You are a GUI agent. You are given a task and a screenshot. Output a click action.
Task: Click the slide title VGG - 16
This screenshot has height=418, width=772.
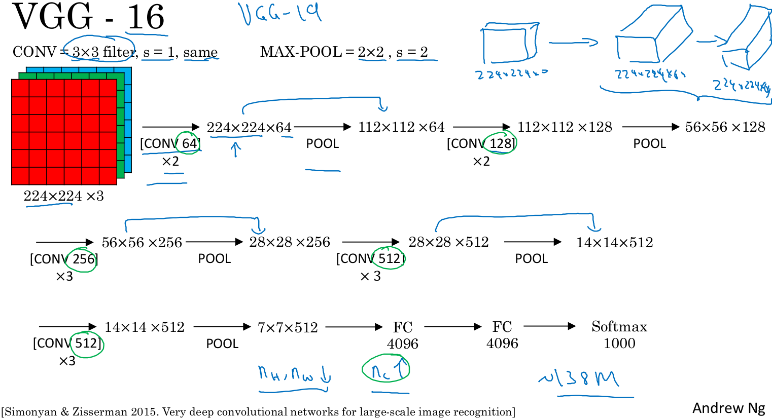pos(88,17)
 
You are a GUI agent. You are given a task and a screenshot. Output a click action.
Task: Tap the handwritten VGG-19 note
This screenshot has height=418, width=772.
pos(280,14)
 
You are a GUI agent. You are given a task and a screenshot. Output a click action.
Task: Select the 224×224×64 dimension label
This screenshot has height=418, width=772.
pos(249,128)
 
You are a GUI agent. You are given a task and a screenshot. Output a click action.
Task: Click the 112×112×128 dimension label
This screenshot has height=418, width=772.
pos(565,127)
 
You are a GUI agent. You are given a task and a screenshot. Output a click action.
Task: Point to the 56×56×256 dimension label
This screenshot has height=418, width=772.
pos(142,243)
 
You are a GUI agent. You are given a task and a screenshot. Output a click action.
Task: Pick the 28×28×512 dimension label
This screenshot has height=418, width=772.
pos(448,242)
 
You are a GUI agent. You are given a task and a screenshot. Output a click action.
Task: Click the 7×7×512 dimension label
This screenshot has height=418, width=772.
pos(288,328)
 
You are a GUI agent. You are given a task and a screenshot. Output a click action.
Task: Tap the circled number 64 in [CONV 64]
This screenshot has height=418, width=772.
pos(189,143)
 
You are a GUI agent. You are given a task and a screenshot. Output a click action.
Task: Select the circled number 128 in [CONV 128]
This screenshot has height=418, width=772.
pos(501,143)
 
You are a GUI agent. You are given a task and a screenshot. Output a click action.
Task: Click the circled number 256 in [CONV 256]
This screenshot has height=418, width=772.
pos(83,259)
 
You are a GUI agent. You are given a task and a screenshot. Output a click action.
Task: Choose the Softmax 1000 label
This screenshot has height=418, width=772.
pos(619,334)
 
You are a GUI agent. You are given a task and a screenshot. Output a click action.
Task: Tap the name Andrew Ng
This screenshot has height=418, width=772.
pos(728,408)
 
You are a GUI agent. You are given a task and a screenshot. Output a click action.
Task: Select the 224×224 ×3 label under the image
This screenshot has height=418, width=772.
pos(63,196)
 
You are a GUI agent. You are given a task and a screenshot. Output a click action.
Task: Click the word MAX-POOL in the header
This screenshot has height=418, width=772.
pos(300,52)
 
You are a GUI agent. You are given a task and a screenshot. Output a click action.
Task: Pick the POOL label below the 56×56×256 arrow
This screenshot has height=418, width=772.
pos(214,259)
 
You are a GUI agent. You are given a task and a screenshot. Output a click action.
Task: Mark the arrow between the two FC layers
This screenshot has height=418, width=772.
pos(452,327)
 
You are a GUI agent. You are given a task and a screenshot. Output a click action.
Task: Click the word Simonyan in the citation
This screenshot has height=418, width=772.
pos(30,412)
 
